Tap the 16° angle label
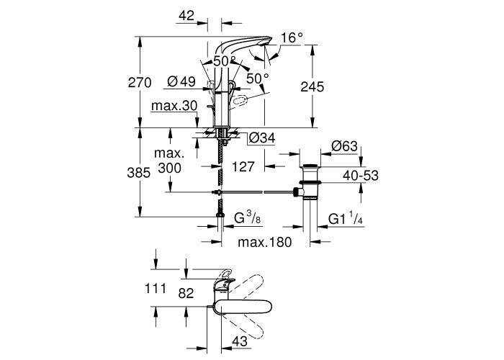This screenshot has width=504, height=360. [292, 37]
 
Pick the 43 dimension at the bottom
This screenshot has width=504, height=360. [241, 341]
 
